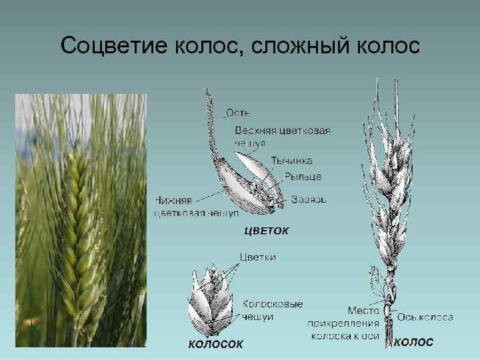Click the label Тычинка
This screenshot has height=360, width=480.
coord(291,161)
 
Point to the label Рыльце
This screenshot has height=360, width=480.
coord(303,176)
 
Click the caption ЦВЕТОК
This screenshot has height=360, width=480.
coord(267,231)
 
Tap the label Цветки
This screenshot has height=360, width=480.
coord(257,257)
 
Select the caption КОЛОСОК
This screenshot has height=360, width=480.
coord(215,344)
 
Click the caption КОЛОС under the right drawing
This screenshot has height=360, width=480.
coord(414,342)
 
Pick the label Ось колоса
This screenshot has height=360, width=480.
coord(425,317)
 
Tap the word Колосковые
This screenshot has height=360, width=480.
coord(272,304)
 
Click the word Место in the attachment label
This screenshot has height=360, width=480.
coord(364,311)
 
